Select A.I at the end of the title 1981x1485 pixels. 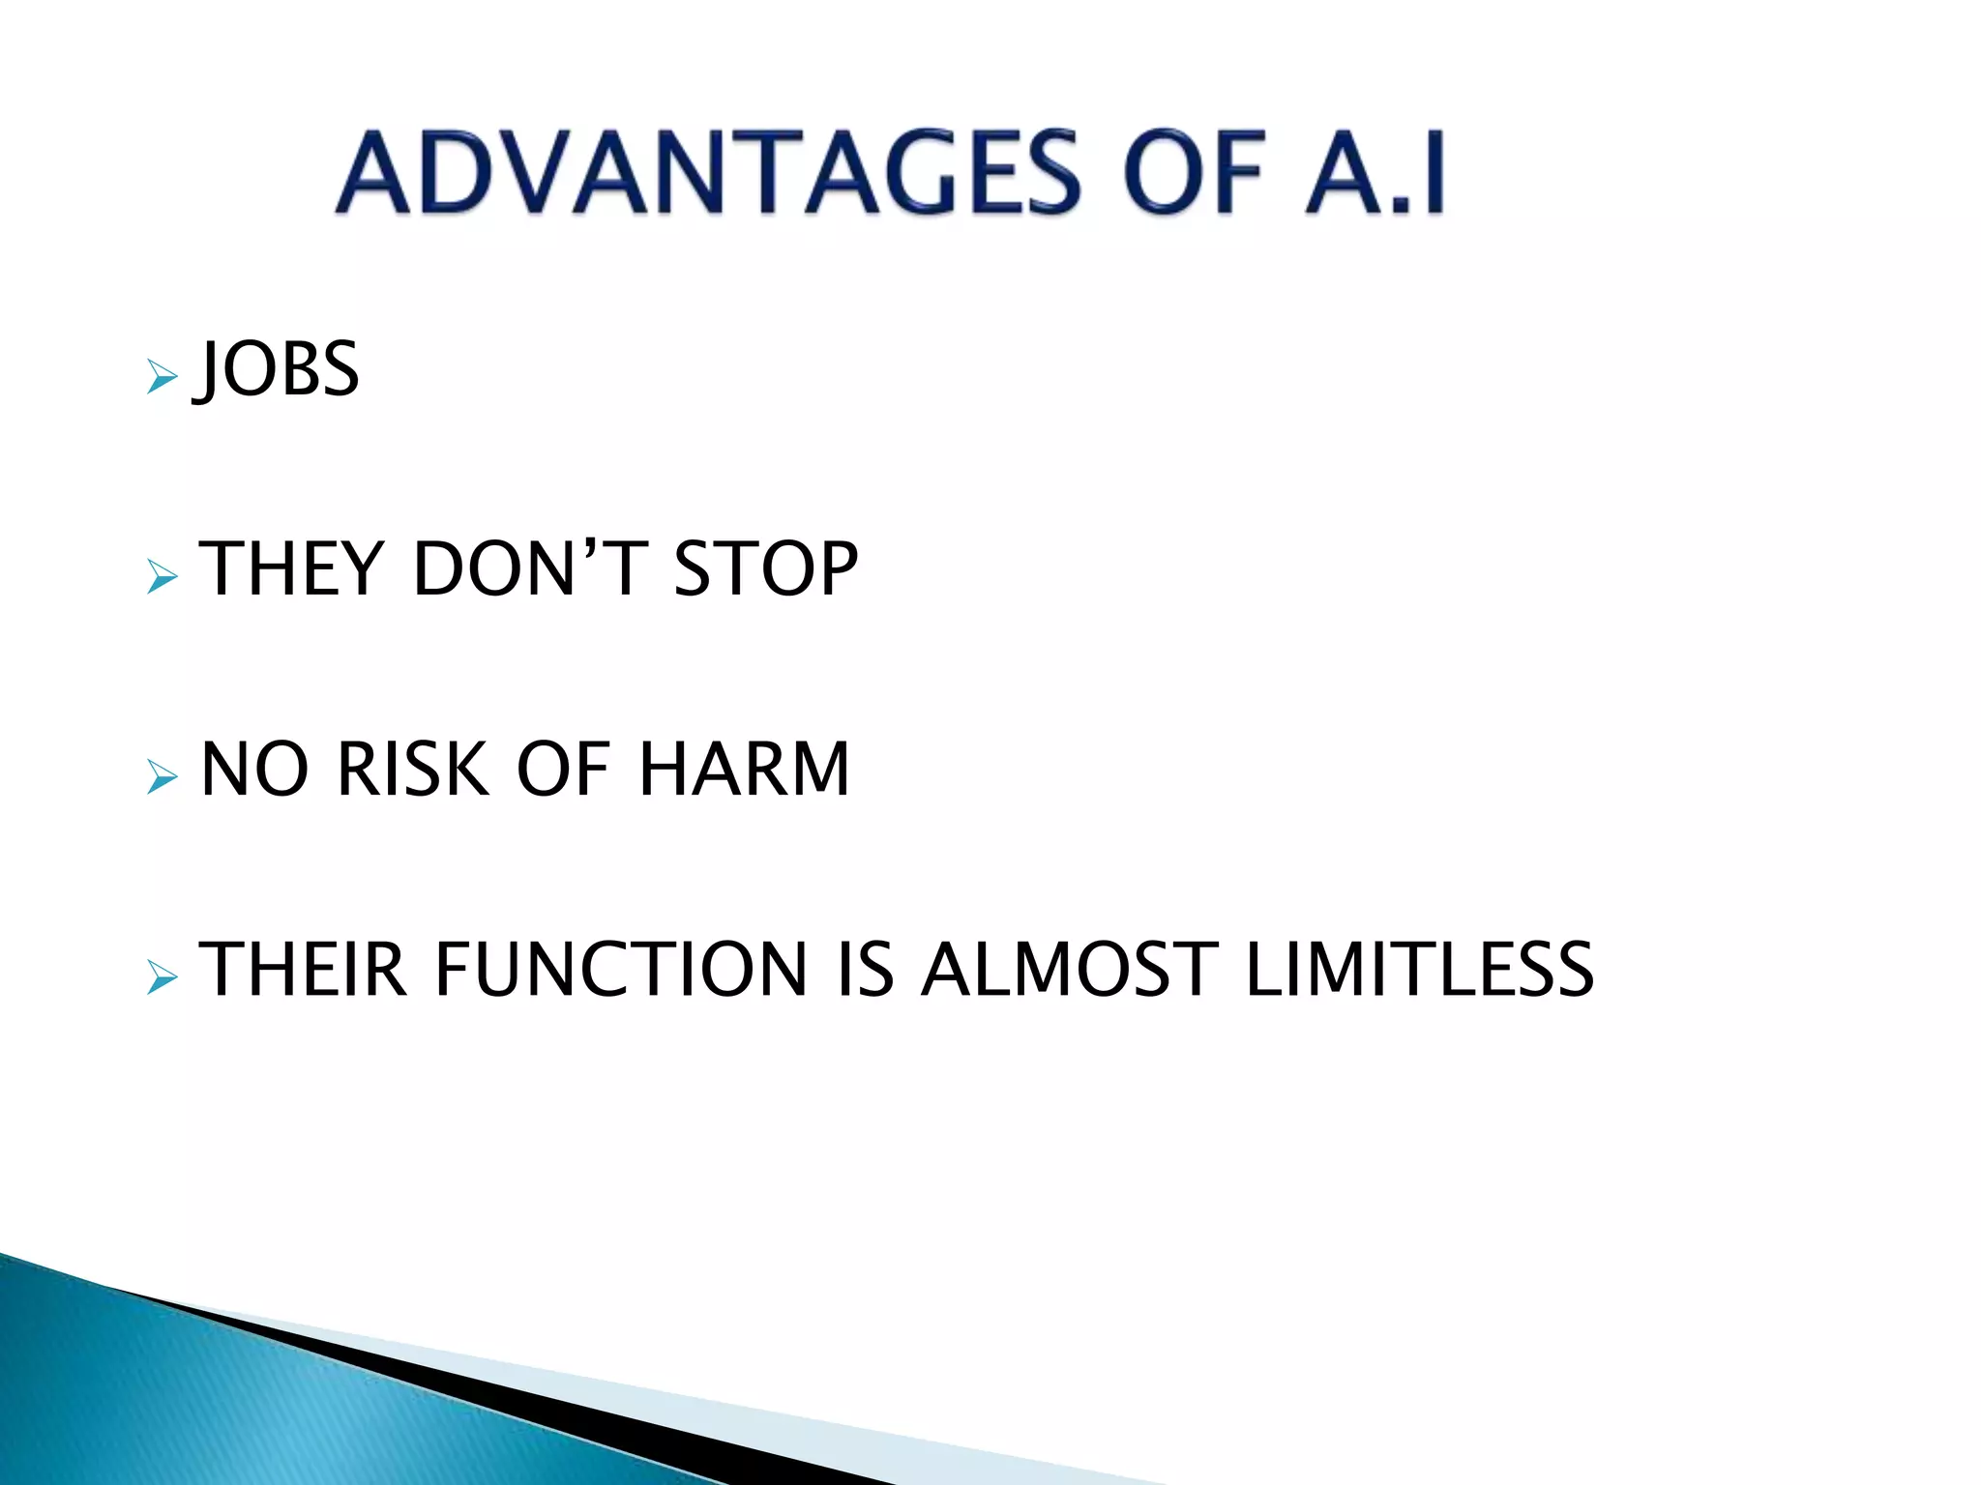[x=1374, y=174]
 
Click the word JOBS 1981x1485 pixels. [x=279, y=369]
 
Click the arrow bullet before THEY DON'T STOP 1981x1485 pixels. [x=162, y=577]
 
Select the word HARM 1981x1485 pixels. [x=744, y=770]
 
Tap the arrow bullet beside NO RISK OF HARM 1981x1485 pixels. [x=162, y=776]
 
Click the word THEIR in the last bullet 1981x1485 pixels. [x=303, y=970]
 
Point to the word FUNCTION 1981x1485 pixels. [x=621, y=970]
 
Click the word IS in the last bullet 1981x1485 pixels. [x=866, y=970]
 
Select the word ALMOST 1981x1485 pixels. [x=1069, y=970]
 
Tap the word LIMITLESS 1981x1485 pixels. [x=1419, y=970]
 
